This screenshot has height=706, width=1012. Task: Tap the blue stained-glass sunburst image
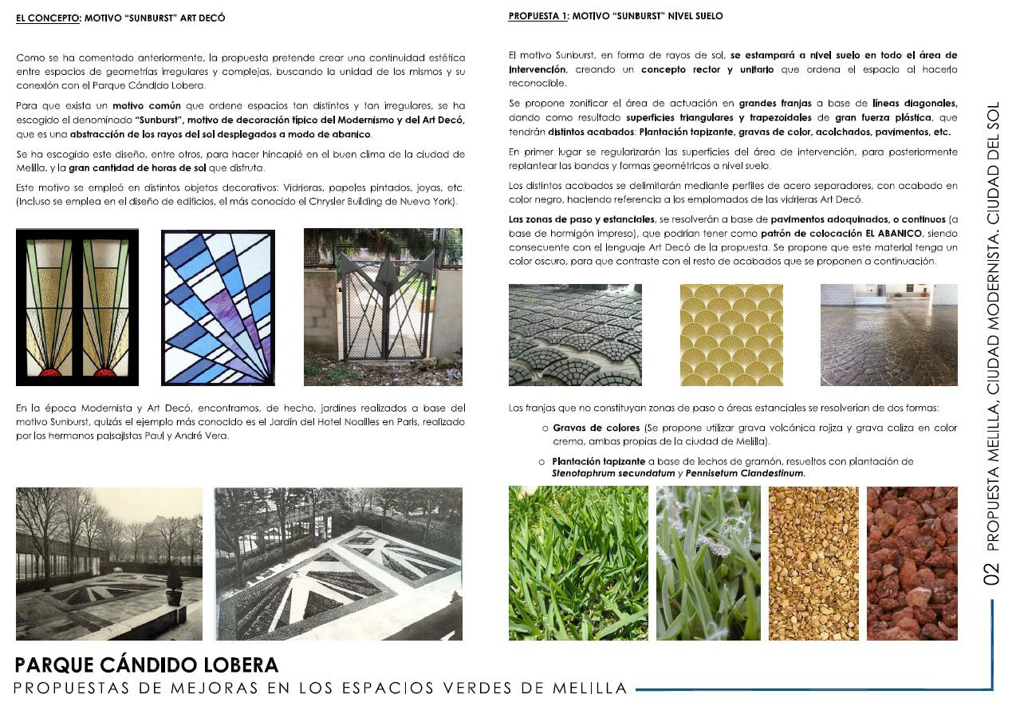[x=218, y=307]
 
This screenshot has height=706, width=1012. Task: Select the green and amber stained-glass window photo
[x=77, y=307]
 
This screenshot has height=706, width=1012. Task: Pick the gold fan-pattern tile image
[x=731, y=335]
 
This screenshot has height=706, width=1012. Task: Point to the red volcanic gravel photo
[x=912, y=562]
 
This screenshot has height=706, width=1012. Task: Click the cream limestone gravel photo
[x=813, y=562]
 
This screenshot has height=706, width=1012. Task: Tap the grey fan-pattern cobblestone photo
[x=575, y=335]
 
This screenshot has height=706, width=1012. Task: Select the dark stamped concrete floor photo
[x=888, y=335]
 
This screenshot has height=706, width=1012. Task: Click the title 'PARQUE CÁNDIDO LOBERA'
[x=147, y=665]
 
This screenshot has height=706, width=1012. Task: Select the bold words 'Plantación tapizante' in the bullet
[x=599, y=462]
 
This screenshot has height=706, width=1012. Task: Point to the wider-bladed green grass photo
[x=578, y=562]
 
